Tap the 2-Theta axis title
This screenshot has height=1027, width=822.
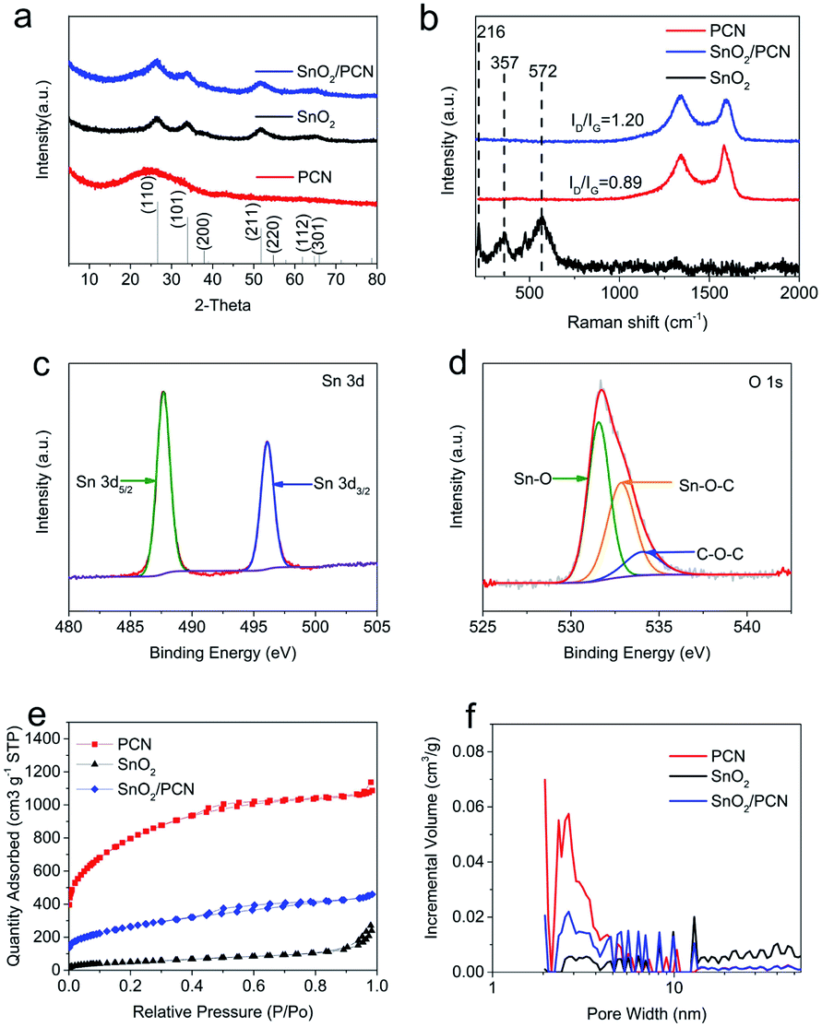(222, 303)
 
